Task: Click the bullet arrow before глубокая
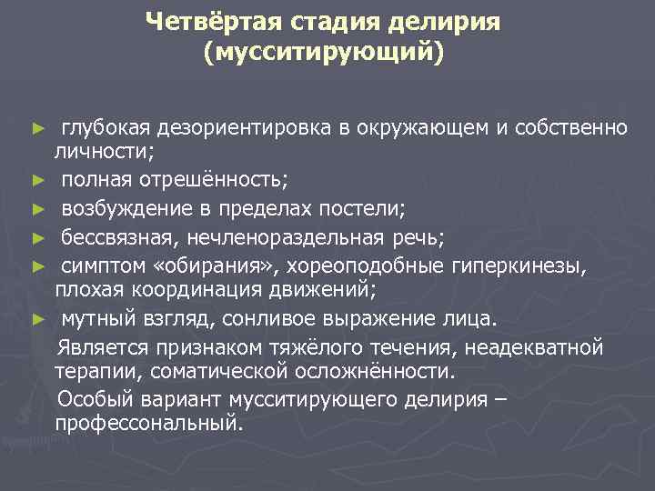37,128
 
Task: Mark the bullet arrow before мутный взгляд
37,320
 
